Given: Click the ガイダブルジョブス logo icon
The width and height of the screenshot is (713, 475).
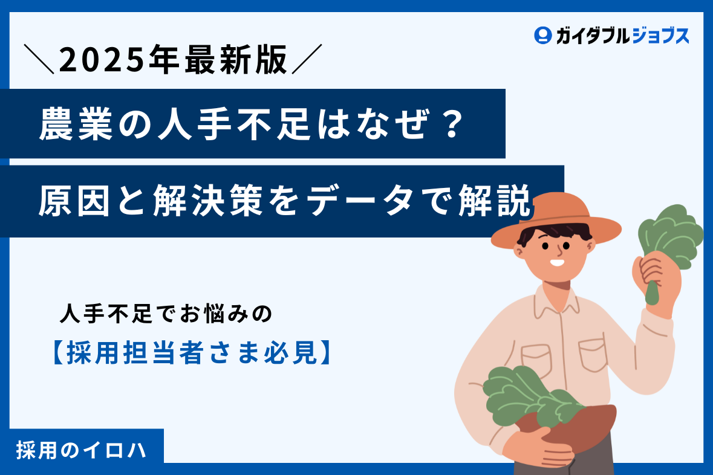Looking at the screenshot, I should pos(543,36).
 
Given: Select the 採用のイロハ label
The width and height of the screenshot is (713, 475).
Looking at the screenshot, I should pos(82,451).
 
